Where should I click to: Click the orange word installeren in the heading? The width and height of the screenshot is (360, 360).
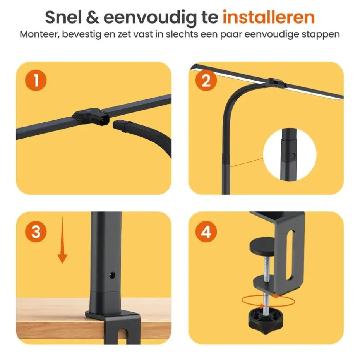click(268, 17)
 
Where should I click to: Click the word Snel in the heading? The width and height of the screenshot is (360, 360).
click(64, 17)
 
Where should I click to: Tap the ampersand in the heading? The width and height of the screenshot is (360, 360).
click(95, 18)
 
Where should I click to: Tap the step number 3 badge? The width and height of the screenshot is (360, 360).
click(36, 232)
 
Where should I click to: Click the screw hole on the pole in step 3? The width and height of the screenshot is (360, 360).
click(113, 276)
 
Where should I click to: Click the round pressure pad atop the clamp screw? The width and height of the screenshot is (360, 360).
click(264, 245)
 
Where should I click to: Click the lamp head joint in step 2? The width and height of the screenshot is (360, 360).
click(274, 82)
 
